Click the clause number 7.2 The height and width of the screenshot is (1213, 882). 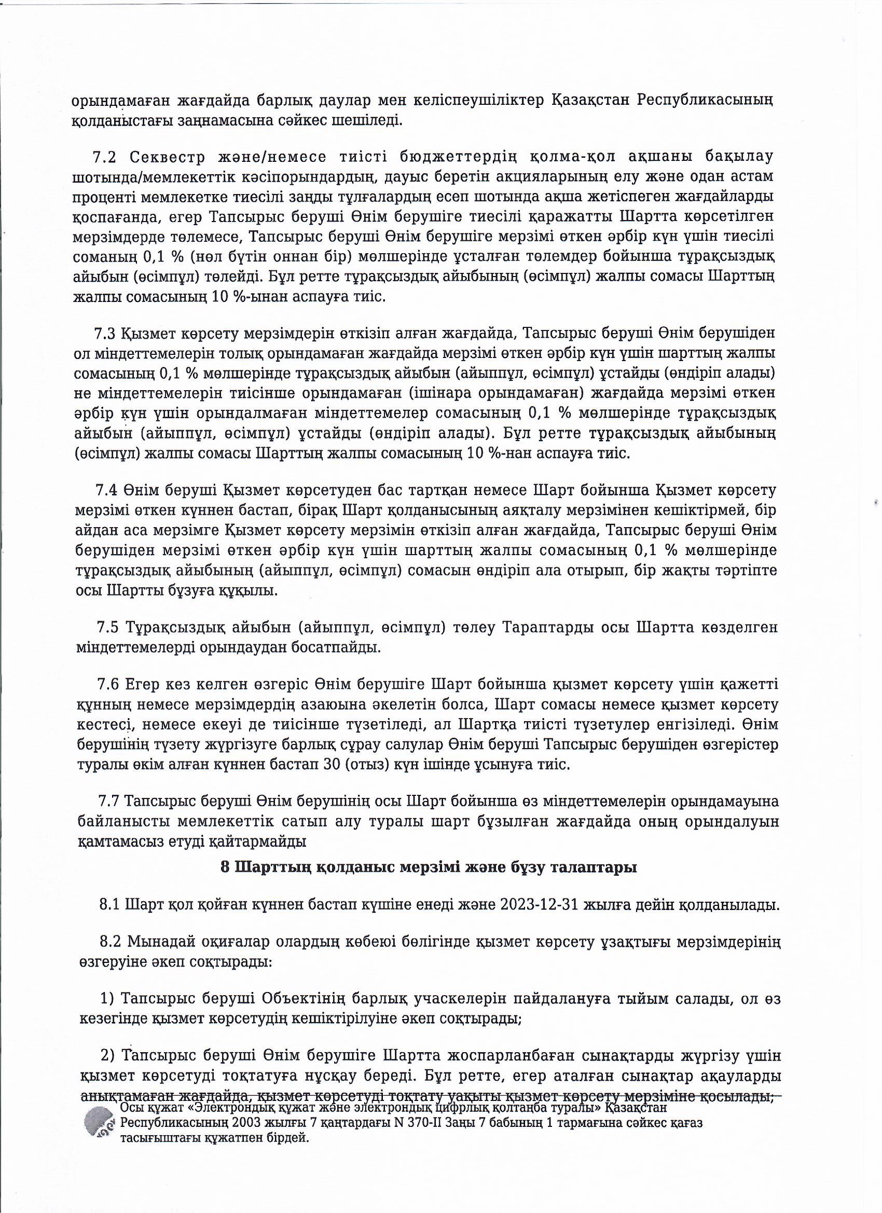click(104, 157)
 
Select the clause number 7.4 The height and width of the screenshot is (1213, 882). click(106, 490)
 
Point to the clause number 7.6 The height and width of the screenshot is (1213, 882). click(108, 685)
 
